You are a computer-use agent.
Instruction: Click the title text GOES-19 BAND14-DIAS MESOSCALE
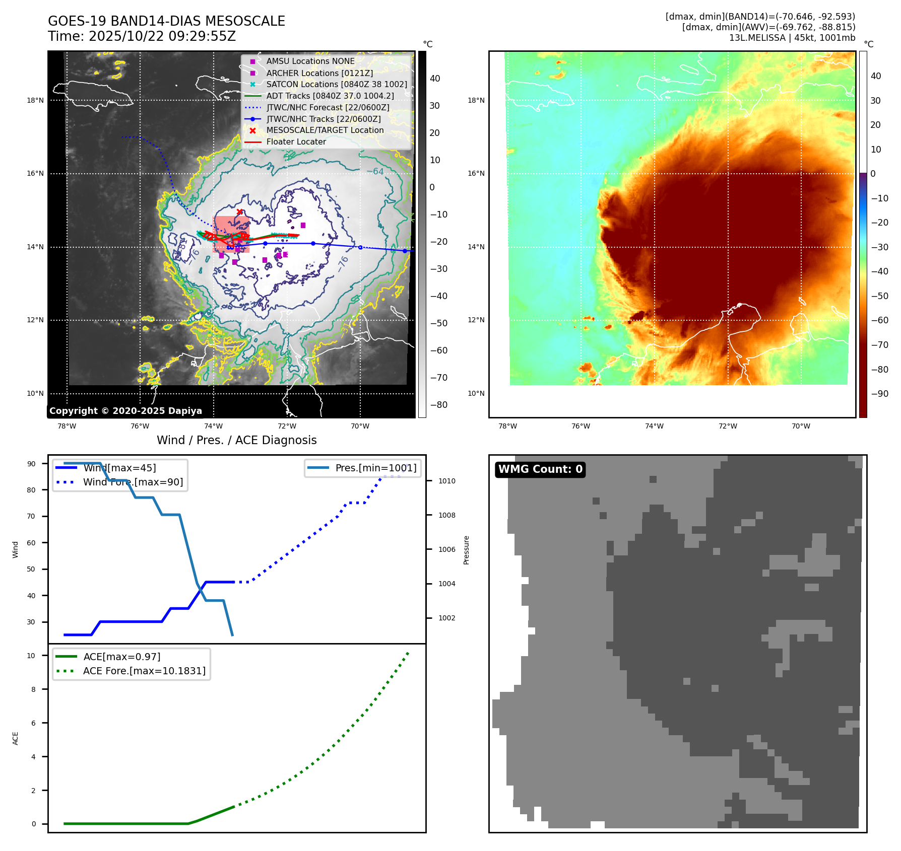click(166, 21)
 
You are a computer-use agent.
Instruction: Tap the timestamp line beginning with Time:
click(142, 36)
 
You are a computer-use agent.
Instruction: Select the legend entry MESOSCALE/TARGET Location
click(325, 130)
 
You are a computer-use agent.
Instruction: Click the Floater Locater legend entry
click(296, 142)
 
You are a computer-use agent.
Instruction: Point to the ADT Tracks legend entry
click(330, 96)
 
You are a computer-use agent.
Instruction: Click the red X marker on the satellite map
click(239, 212)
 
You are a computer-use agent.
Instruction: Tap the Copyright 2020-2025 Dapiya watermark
click(125, 411)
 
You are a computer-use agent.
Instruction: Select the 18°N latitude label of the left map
click(35, 100)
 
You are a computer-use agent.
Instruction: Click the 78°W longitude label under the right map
click(507, 426)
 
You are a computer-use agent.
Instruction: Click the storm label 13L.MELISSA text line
click(792, 38)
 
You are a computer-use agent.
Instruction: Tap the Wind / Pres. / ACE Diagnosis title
click(236, 440)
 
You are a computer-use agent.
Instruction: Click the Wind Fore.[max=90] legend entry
click(133, 482)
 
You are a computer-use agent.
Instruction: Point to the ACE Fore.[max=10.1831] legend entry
click(144, 671)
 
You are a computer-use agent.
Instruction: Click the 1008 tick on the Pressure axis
click(446, 515)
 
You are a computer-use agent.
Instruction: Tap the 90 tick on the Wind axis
click(32, 464)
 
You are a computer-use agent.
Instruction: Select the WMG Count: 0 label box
click(540, 469)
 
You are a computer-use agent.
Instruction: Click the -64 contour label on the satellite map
click(375, 172)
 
